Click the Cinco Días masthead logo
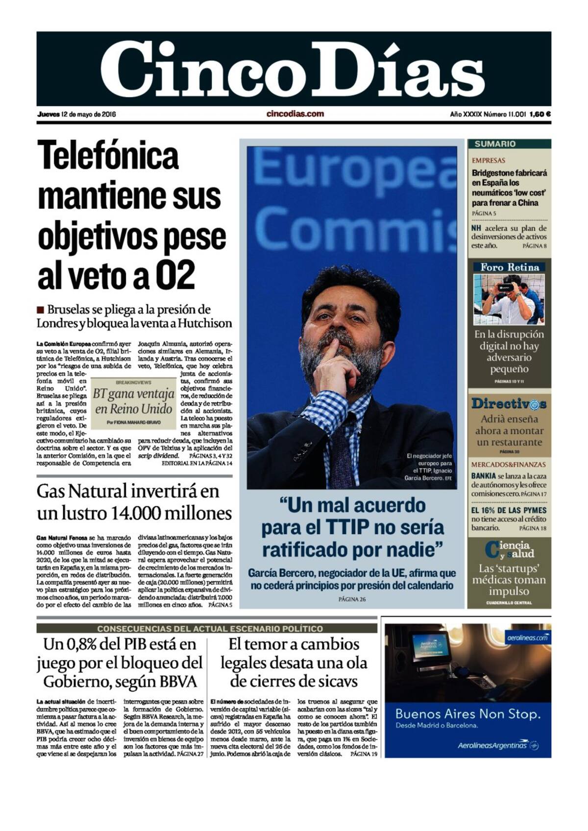pos(293,69)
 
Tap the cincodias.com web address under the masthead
pos(295,114)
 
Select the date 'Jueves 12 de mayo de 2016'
pos(76,115)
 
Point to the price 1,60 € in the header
pos(540,115)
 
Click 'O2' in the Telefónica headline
pos(175,276)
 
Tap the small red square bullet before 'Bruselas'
pos(40,310)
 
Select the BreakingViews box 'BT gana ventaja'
pos(133,402)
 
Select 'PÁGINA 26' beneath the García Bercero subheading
pos(352,599)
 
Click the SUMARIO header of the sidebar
pos(495,144)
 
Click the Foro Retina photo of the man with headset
pos(509,299)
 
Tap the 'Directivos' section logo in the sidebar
pos(509,404)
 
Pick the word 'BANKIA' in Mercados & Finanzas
pos(483,476)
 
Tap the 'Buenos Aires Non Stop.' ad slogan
pos(467,714)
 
